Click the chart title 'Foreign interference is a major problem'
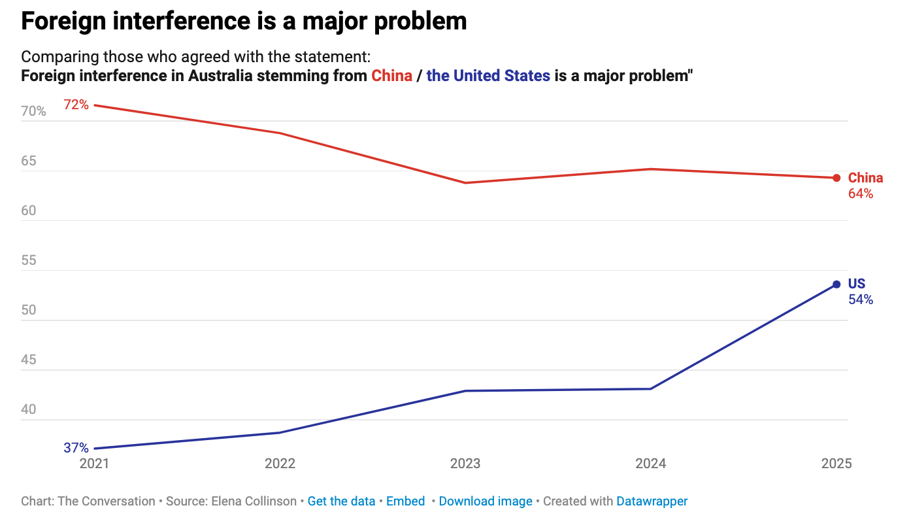(244, 21)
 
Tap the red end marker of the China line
(836, 178)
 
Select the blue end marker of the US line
(836, 284)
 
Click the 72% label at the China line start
(76, 104)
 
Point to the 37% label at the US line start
(76, 448)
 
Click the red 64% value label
(861, 194)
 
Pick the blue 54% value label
(861, 300)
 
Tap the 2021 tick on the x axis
(95, 464)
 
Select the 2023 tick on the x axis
(465, 464)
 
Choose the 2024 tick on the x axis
(651, 464)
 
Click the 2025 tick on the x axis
(836, 464)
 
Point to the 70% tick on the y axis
(33, 112)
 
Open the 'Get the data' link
(341, 502)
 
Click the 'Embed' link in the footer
(405, 502)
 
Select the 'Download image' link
(486, 502)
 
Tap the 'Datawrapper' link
(652, 502)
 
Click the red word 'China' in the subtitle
(391, 76)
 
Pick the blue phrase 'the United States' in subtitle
(488, 76)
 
